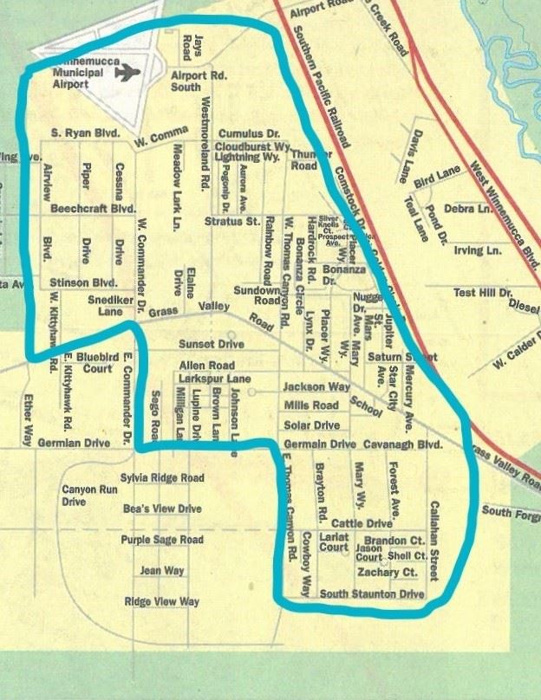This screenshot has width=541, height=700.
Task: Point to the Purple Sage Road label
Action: [x=162, y=540]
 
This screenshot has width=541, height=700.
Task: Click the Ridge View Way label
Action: [x=161, y=601]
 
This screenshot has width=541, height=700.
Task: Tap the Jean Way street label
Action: [x=162, y=571]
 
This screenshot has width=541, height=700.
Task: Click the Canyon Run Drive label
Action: [x=90, y=496]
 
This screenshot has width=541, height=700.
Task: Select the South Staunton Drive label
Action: [x=371, y=594]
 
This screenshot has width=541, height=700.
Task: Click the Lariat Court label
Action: [x=333, y=542]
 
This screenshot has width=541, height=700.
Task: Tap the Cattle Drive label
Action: [x=362, y=523]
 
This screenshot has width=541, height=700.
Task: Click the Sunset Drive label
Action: [x=212, y=344]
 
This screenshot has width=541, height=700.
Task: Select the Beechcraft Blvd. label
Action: [x=93, y=210]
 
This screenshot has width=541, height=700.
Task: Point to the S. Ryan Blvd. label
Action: [x=83, y=133]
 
